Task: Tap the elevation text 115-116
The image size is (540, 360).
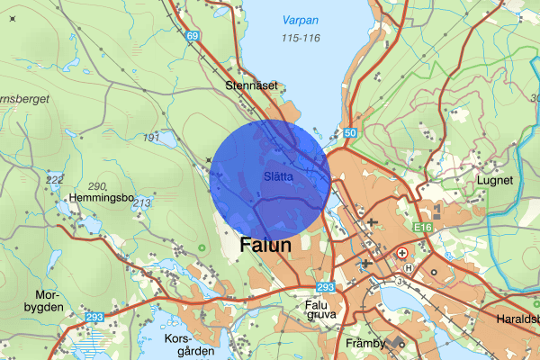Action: coord(301,38)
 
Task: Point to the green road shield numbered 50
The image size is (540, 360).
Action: coord(350,133)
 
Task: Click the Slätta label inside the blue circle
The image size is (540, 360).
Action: coord(279,176)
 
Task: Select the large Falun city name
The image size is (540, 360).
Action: coord(265,246)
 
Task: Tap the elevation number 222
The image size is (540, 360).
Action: coord(55,180)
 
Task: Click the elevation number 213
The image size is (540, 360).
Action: coord(141,203)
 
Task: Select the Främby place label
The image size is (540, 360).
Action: coord(365,344)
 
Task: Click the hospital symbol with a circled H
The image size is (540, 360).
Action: coord(409,267)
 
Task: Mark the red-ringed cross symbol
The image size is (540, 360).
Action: coord(402,254)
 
